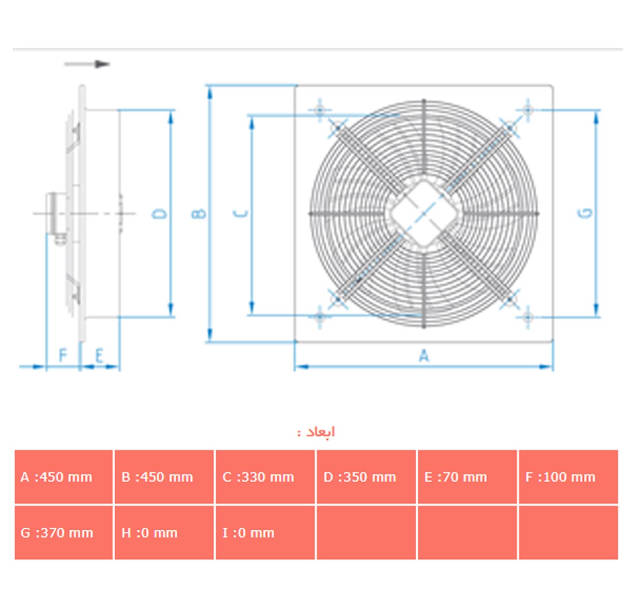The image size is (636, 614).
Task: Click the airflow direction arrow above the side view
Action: (x=87, y=64)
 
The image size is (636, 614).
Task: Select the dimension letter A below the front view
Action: (x=424, y=356)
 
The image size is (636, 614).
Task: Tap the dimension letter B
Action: (x=199, y=213)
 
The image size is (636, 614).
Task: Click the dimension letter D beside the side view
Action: (x=159, y=213)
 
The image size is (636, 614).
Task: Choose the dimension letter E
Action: (x=99, y=356)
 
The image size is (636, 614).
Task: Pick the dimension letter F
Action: (x=63, y=355)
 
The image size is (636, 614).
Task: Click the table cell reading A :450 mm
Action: (x=64, y=477)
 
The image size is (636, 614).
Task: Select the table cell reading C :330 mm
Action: (x=265, y=477)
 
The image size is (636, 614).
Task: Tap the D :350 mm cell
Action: (x=366, y=477)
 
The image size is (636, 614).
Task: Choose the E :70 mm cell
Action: (x=467, y=477)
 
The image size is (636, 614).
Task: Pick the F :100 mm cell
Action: (x=568, y=477)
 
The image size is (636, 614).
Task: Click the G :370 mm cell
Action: (x=64, y=533)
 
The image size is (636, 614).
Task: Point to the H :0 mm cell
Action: (x=164, y=533)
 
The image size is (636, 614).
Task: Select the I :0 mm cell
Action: (x=265, y=533)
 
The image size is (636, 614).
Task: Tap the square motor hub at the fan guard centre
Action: (x=424, y=213)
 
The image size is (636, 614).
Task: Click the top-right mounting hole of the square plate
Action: (x=528, y=110)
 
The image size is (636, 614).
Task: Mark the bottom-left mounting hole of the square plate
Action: (x=320, y=317)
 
